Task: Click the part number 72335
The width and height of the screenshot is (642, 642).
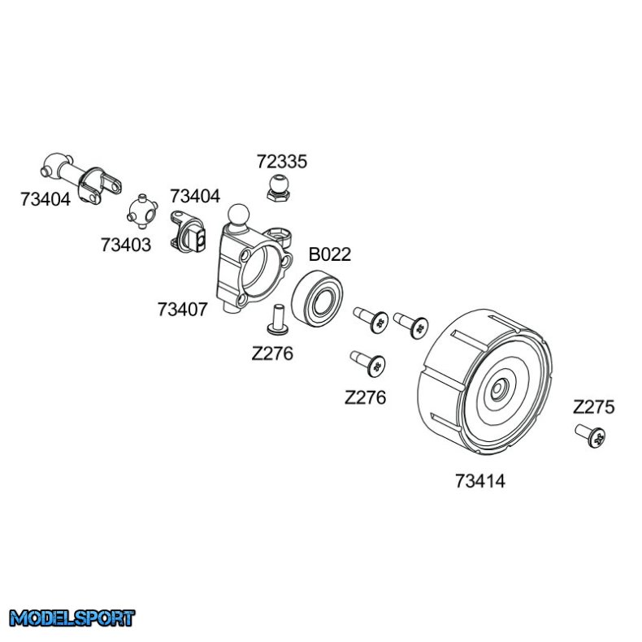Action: click(282, 162)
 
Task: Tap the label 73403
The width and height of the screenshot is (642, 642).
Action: click(126, 243)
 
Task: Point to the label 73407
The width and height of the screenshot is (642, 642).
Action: click(183, 309)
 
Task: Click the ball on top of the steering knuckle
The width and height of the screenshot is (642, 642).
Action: click(239, 215)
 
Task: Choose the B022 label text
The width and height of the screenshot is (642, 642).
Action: click(329, 254)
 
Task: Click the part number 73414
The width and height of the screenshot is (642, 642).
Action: click(480, 480)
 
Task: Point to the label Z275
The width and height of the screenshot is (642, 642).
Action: click(593, 407)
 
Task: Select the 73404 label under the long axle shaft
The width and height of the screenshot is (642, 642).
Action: click(46, 198)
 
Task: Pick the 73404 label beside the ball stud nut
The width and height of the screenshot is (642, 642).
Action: click(195, 196)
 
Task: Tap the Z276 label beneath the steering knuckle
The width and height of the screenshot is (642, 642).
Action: click(272, 354)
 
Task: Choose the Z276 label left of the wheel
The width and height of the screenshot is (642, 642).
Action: click(366, 397)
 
